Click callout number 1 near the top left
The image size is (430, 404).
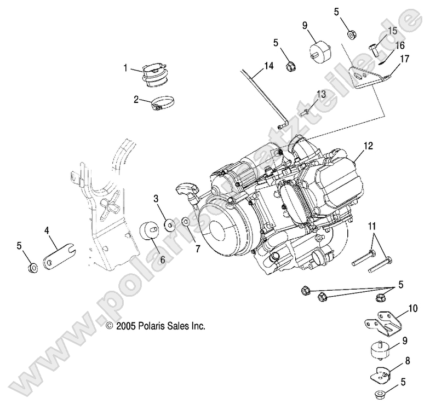pos(125,68)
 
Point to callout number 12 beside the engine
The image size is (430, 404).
pos(368,146)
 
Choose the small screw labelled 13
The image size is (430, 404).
pos(307,111)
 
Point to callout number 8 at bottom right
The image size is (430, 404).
pos(408,361)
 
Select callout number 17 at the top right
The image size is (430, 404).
pos(404,57)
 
